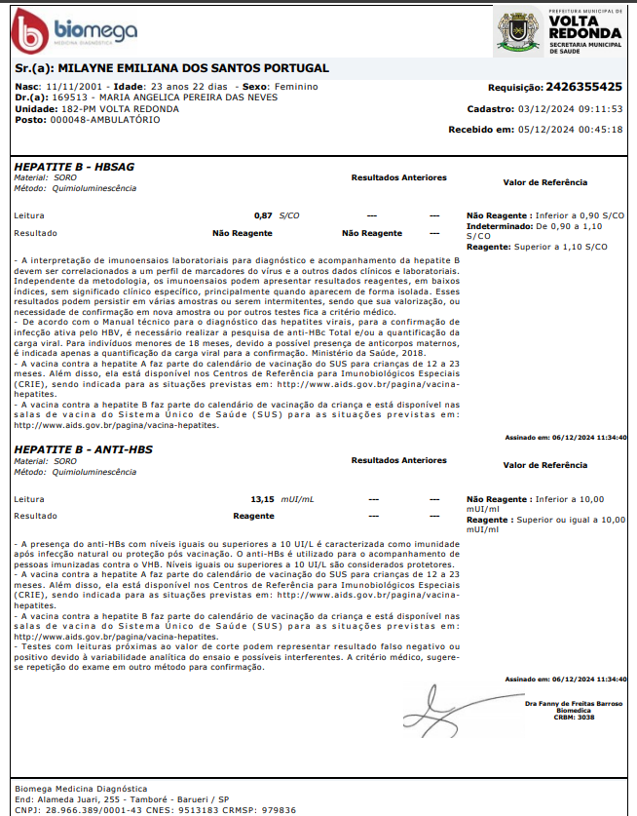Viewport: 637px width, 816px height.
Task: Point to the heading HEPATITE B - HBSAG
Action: pos(74,167)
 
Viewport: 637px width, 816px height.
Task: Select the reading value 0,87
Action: pos(263,214)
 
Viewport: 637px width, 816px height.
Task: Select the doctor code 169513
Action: pos(70,97)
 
